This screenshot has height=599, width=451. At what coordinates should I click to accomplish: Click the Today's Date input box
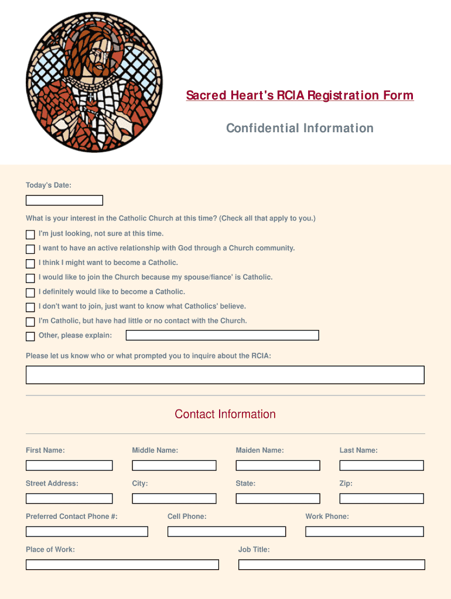pos(64,200)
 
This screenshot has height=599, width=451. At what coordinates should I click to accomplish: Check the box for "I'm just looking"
pos(30,235)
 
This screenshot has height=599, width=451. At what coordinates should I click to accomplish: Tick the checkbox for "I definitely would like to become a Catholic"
pos(30,292)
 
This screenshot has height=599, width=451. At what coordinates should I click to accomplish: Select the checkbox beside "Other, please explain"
pos(30,336)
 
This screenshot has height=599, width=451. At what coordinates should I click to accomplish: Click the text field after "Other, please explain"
pos(223,335)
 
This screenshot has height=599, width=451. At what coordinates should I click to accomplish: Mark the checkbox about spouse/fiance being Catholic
pos(30,278)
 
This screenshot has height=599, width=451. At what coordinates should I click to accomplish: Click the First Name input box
pos(69,466)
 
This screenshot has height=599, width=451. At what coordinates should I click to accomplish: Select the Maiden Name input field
pos(278,466)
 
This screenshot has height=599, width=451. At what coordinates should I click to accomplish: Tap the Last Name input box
pos(381,466)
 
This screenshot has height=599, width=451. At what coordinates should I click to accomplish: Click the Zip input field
pos(381,498)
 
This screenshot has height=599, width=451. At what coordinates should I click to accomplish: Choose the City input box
pos(174,498)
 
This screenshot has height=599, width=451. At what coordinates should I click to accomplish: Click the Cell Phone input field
pos(227,532)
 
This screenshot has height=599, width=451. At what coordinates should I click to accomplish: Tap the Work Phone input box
pos(364,532)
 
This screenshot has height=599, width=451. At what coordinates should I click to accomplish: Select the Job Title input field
pos(332,564)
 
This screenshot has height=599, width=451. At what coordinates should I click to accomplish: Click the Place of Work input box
pos(122,564)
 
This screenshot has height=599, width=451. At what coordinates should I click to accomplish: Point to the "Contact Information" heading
pos(225,414)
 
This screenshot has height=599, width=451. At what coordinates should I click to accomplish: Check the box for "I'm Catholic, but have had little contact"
pos(30,322)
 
